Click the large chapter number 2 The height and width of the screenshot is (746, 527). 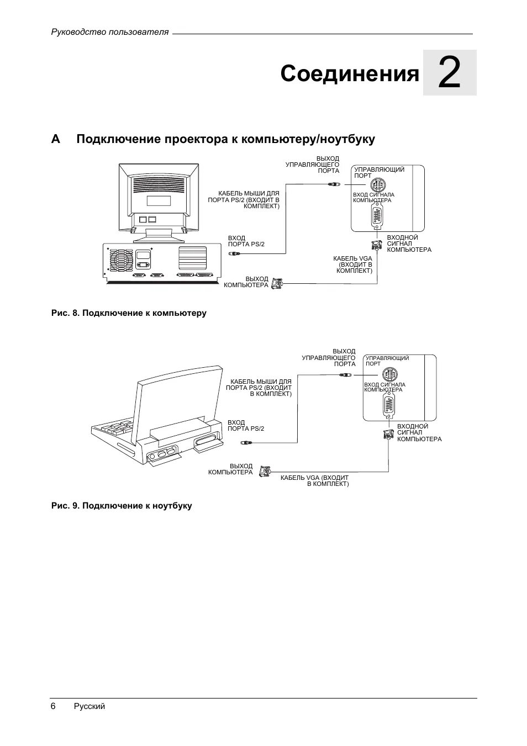coord(449,73)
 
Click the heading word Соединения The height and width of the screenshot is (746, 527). coord(350,73)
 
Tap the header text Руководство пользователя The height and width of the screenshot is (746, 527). coord(110,32)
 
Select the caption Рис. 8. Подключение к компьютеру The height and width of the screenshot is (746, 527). coord(129,313)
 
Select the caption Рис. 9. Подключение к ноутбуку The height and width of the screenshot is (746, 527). coord(122,506)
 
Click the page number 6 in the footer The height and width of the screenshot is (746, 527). coord(53,706)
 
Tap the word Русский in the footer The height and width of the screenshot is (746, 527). coord(89,706)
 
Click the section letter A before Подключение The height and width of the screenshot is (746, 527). coord(55,139)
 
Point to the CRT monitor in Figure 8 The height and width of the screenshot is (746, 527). coord(159,199)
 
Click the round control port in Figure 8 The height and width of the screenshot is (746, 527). coord(378,185)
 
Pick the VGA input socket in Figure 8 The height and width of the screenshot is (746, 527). coord(377,216)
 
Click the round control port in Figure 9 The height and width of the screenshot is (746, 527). coord(389,374)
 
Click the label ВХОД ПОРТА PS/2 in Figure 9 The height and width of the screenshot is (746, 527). coord(246,425)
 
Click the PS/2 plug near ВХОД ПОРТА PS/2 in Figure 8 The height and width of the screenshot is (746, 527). coord(234,253)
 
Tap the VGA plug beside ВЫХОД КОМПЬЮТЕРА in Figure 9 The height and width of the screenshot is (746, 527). coord(266,471)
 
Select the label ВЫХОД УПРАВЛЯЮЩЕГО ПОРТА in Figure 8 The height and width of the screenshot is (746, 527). coord(312,165)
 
